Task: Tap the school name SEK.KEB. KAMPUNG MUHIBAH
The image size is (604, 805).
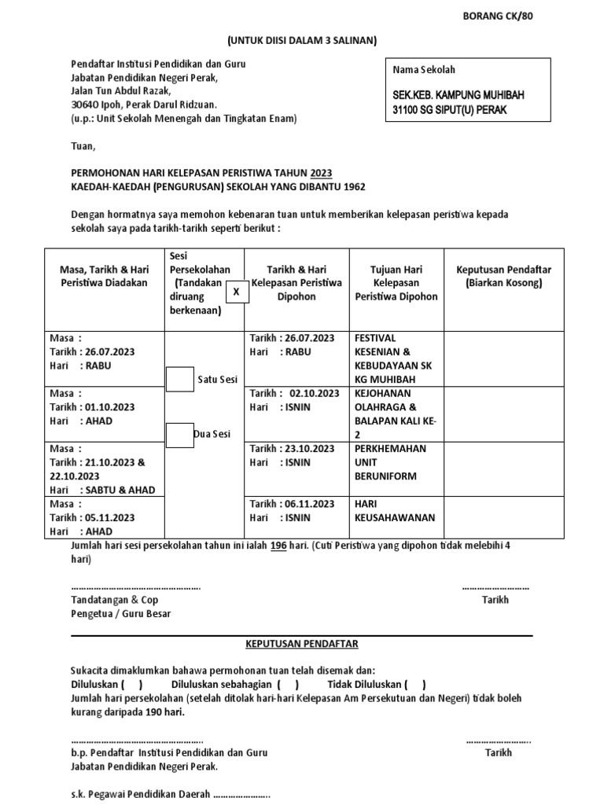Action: (458, 95)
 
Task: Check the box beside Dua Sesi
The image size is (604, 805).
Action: (181, 434)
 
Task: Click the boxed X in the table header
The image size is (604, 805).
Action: (235, 292)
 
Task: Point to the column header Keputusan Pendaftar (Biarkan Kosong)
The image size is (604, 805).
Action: (503, 276)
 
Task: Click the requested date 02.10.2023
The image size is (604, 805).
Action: (314, 393)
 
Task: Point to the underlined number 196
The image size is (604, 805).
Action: (278, 546)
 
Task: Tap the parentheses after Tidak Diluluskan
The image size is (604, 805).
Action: (416, 684)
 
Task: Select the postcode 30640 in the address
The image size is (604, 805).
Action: (86, 105)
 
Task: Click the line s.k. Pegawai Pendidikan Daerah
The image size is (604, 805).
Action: (170, 794)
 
